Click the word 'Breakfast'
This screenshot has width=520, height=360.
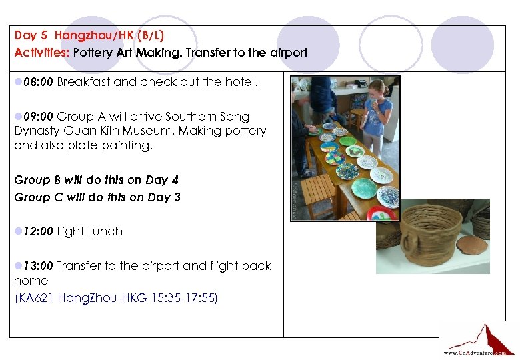point(83,83)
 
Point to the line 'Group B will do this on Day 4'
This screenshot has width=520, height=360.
point(97,180)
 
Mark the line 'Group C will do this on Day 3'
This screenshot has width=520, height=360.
point(97,197)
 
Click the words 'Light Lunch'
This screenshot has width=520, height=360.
point(90,231)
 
